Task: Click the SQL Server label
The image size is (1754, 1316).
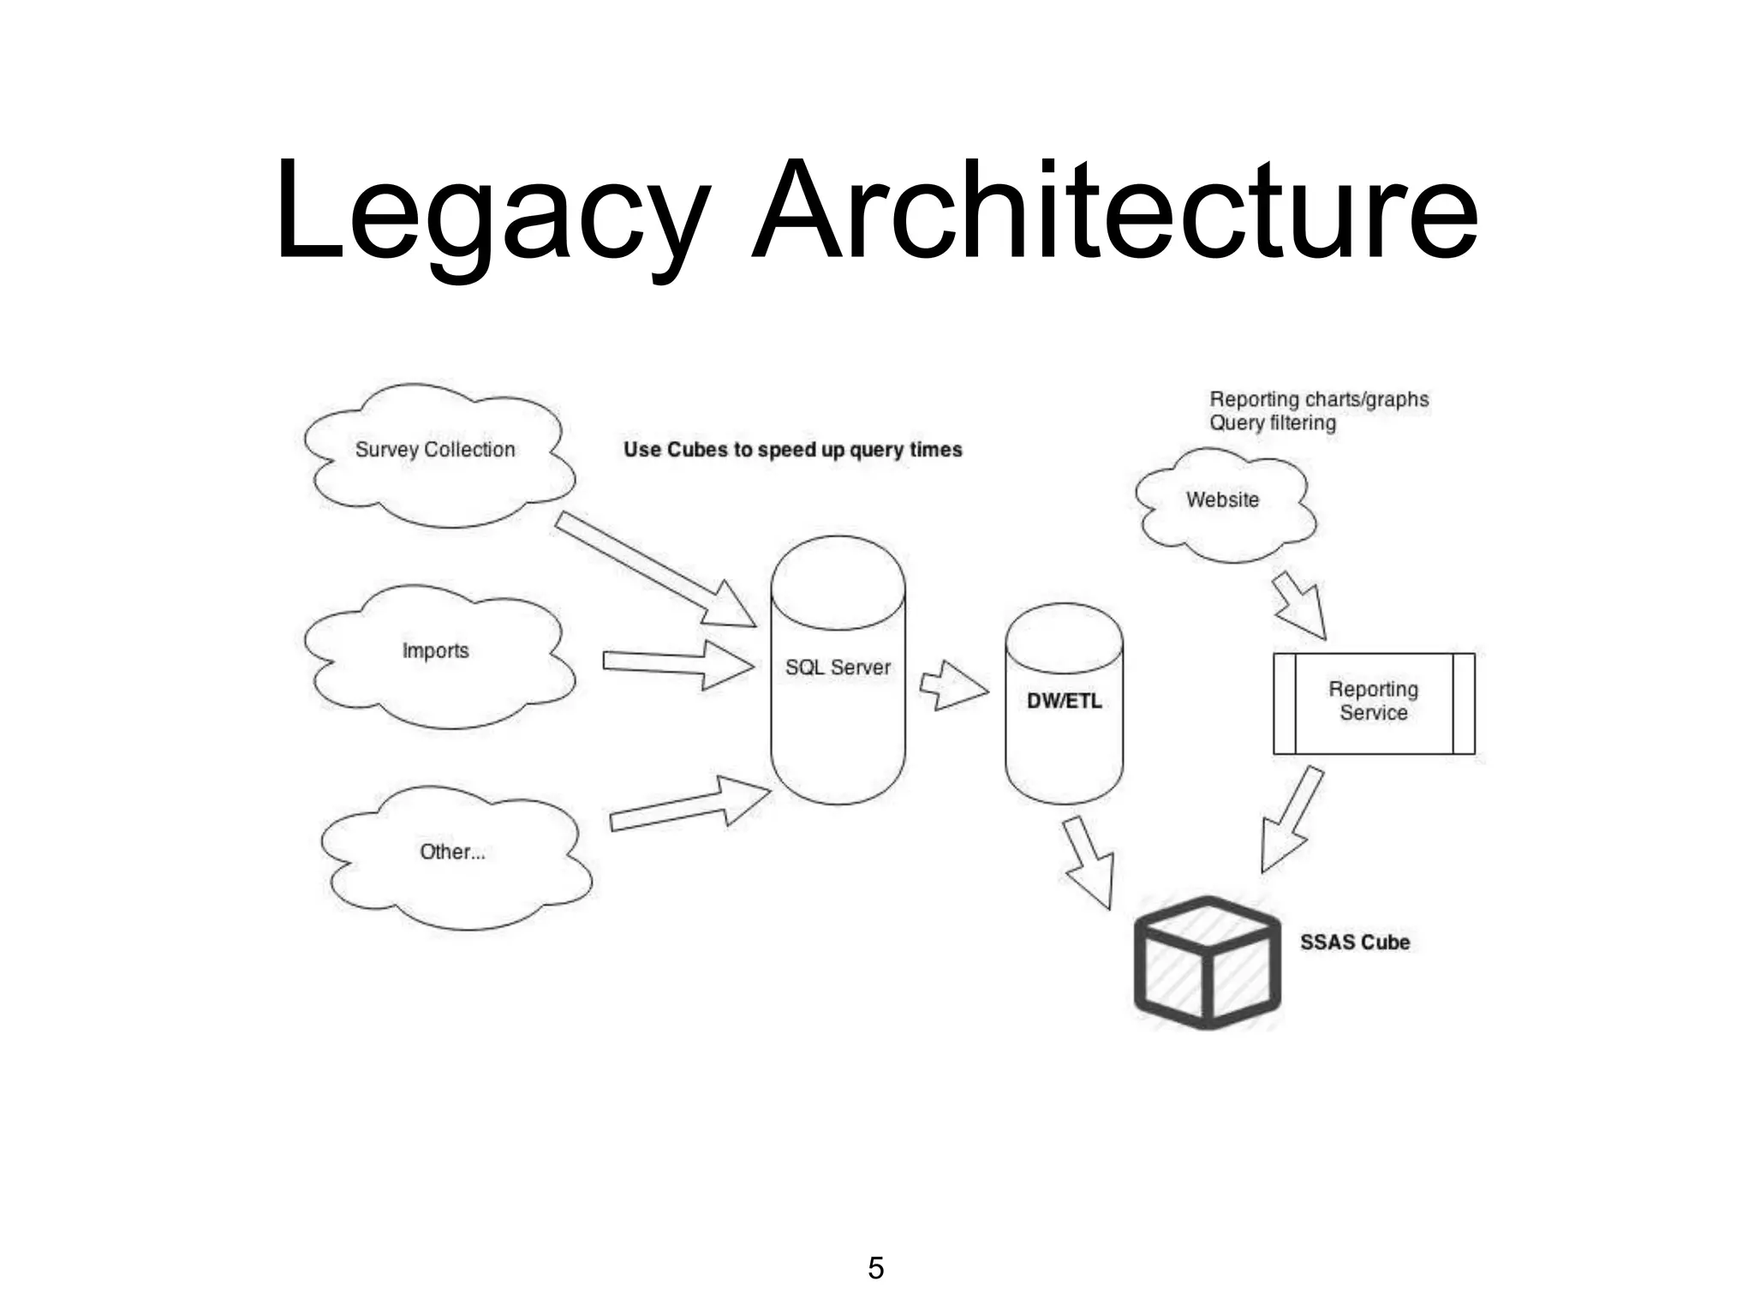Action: pos(838,667)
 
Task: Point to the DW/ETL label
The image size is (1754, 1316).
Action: pos(1064,701)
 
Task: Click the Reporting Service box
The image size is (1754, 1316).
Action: pos(1374,702)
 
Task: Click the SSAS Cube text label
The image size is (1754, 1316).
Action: pos(1354,942)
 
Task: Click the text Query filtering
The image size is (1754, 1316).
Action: pos(1273,423)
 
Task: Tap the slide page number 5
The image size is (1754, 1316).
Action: pos(875,1268)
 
